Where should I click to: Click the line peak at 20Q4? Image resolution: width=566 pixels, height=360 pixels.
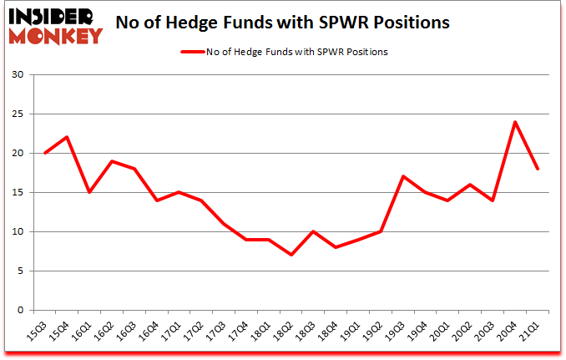pyautogui.click(x=515, y=123)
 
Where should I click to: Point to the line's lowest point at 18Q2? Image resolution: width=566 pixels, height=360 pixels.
pyautogui.click(x=291, y=255)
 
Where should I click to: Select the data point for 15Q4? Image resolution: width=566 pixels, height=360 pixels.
pyautogui.click(x=67, y=138)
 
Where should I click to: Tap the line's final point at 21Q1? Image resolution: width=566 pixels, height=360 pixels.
pyautogui.click(x=538, y=170)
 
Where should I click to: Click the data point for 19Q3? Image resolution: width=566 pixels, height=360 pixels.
pyautogui.click(x=403, y=177)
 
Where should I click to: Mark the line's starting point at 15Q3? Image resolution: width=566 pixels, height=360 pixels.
pyautogui.click(x=44, y=154)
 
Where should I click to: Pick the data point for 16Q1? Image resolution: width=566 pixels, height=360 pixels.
pyautogui.click(x=89, y=193)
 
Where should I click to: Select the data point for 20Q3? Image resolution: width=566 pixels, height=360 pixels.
pyautogui.click(x=493, y=200)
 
